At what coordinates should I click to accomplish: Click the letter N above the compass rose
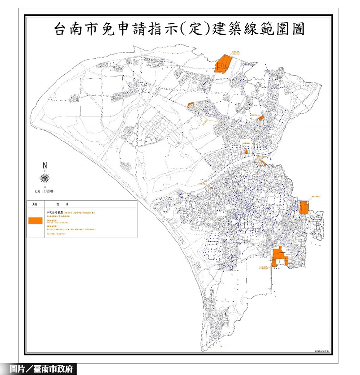[x=45, y=166]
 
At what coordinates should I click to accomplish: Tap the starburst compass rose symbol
[x=45, y=179]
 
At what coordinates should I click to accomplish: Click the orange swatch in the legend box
[x=34, y=221]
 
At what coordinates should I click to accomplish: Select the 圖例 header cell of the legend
[x=34, y=204]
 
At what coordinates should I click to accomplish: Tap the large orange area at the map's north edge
[x=223, y=64]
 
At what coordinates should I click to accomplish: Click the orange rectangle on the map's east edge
[x=304, y=208]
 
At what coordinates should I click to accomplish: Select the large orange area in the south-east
[x=279, y=257]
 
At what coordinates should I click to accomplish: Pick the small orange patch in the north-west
[x=191, y=104]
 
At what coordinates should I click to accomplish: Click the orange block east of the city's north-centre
[x=261, y=117]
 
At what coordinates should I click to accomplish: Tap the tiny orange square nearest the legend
[x=212, y=187]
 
